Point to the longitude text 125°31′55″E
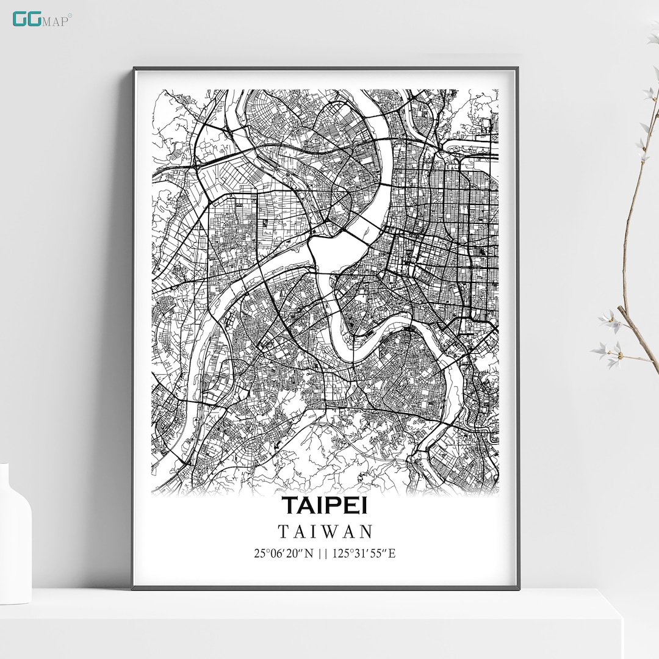point(364,554)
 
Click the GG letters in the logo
point(27,19)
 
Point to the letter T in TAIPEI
point(290,506)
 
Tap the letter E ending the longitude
point(392,554)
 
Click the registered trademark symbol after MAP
point(70,16)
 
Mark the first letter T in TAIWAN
point(283,531)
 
